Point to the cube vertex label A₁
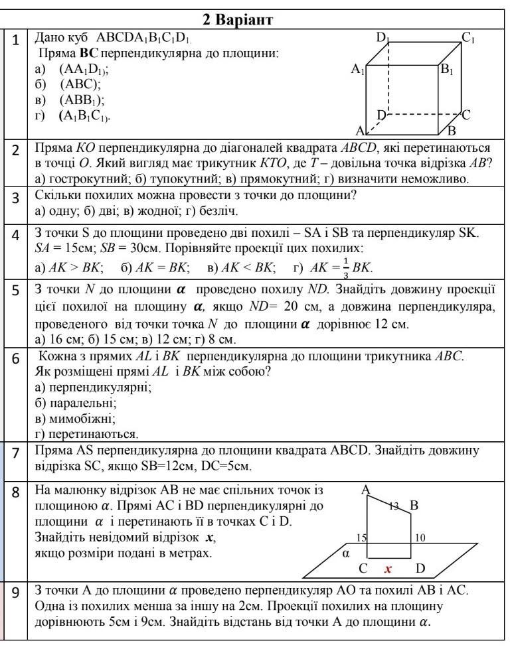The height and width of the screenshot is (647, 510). [359, 69]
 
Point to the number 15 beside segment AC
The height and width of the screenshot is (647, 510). [362, 538]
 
